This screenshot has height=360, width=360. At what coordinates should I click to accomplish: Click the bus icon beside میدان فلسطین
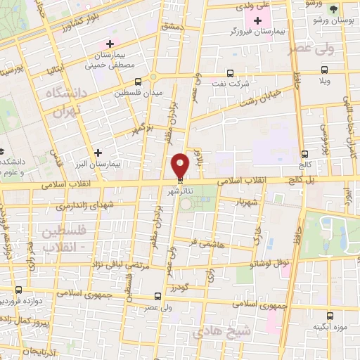[x=137, y=82]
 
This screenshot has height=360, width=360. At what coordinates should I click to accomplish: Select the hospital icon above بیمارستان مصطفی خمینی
[x=110, y=44]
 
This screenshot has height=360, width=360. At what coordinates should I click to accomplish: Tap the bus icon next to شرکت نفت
[x=230, y=72]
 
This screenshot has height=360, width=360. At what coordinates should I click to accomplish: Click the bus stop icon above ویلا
[x=323, y=69]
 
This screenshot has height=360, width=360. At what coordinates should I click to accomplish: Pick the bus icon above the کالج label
[x=304, y=154]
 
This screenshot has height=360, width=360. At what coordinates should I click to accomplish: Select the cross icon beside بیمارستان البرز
[x=98, y=152]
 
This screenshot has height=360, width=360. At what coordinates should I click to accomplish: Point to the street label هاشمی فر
[x=205, y=243]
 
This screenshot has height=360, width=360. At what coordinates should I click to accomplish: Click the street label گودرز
[x=181, y=288]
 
